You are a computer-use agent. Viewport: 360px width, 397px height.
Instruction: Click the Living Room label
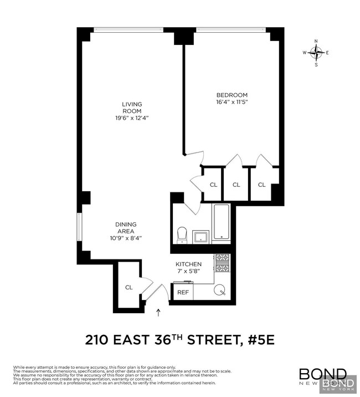[132, 108]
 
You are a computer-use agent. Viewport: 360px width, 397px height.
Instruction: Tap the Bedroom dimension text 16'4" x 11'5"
[232, 102]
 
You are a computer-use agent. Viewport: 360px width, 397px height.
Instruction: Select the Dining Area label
[126, 228]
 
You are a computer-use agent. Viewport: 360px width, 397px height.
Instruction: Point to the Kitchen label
[188, 264]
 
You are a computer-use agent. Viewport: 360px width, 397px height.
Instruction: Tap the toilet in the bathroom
[182, 235]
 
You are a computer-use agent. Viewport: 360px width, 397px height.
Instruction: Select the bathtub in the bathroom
[221, 222]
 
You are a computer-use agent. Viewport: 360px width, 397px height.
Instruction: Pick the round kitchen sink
[220, 289]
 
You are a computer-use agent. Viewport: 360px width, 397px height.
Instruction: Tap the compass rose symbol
[316, 53]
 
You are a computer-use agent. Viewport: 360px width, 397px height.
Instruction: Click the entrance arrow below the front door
[159, 313]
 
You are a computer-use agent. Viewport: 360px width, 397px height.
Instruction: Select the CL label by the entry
[129, 287]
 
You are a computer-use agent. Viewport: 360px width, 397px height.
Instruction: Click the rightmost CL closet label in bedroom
[261, 185]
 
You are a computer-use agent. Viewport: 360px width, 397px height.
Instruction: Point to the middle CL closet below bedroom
[236, 185]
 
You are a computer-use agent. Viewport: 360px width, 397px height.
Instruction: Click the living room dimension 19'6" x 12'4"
[132, 118]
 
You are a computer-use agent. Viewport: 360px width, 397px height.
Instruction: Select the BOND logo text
[323, 374]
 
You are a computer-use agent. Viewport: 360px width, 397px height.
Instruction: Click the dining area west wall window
[79, 227]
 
